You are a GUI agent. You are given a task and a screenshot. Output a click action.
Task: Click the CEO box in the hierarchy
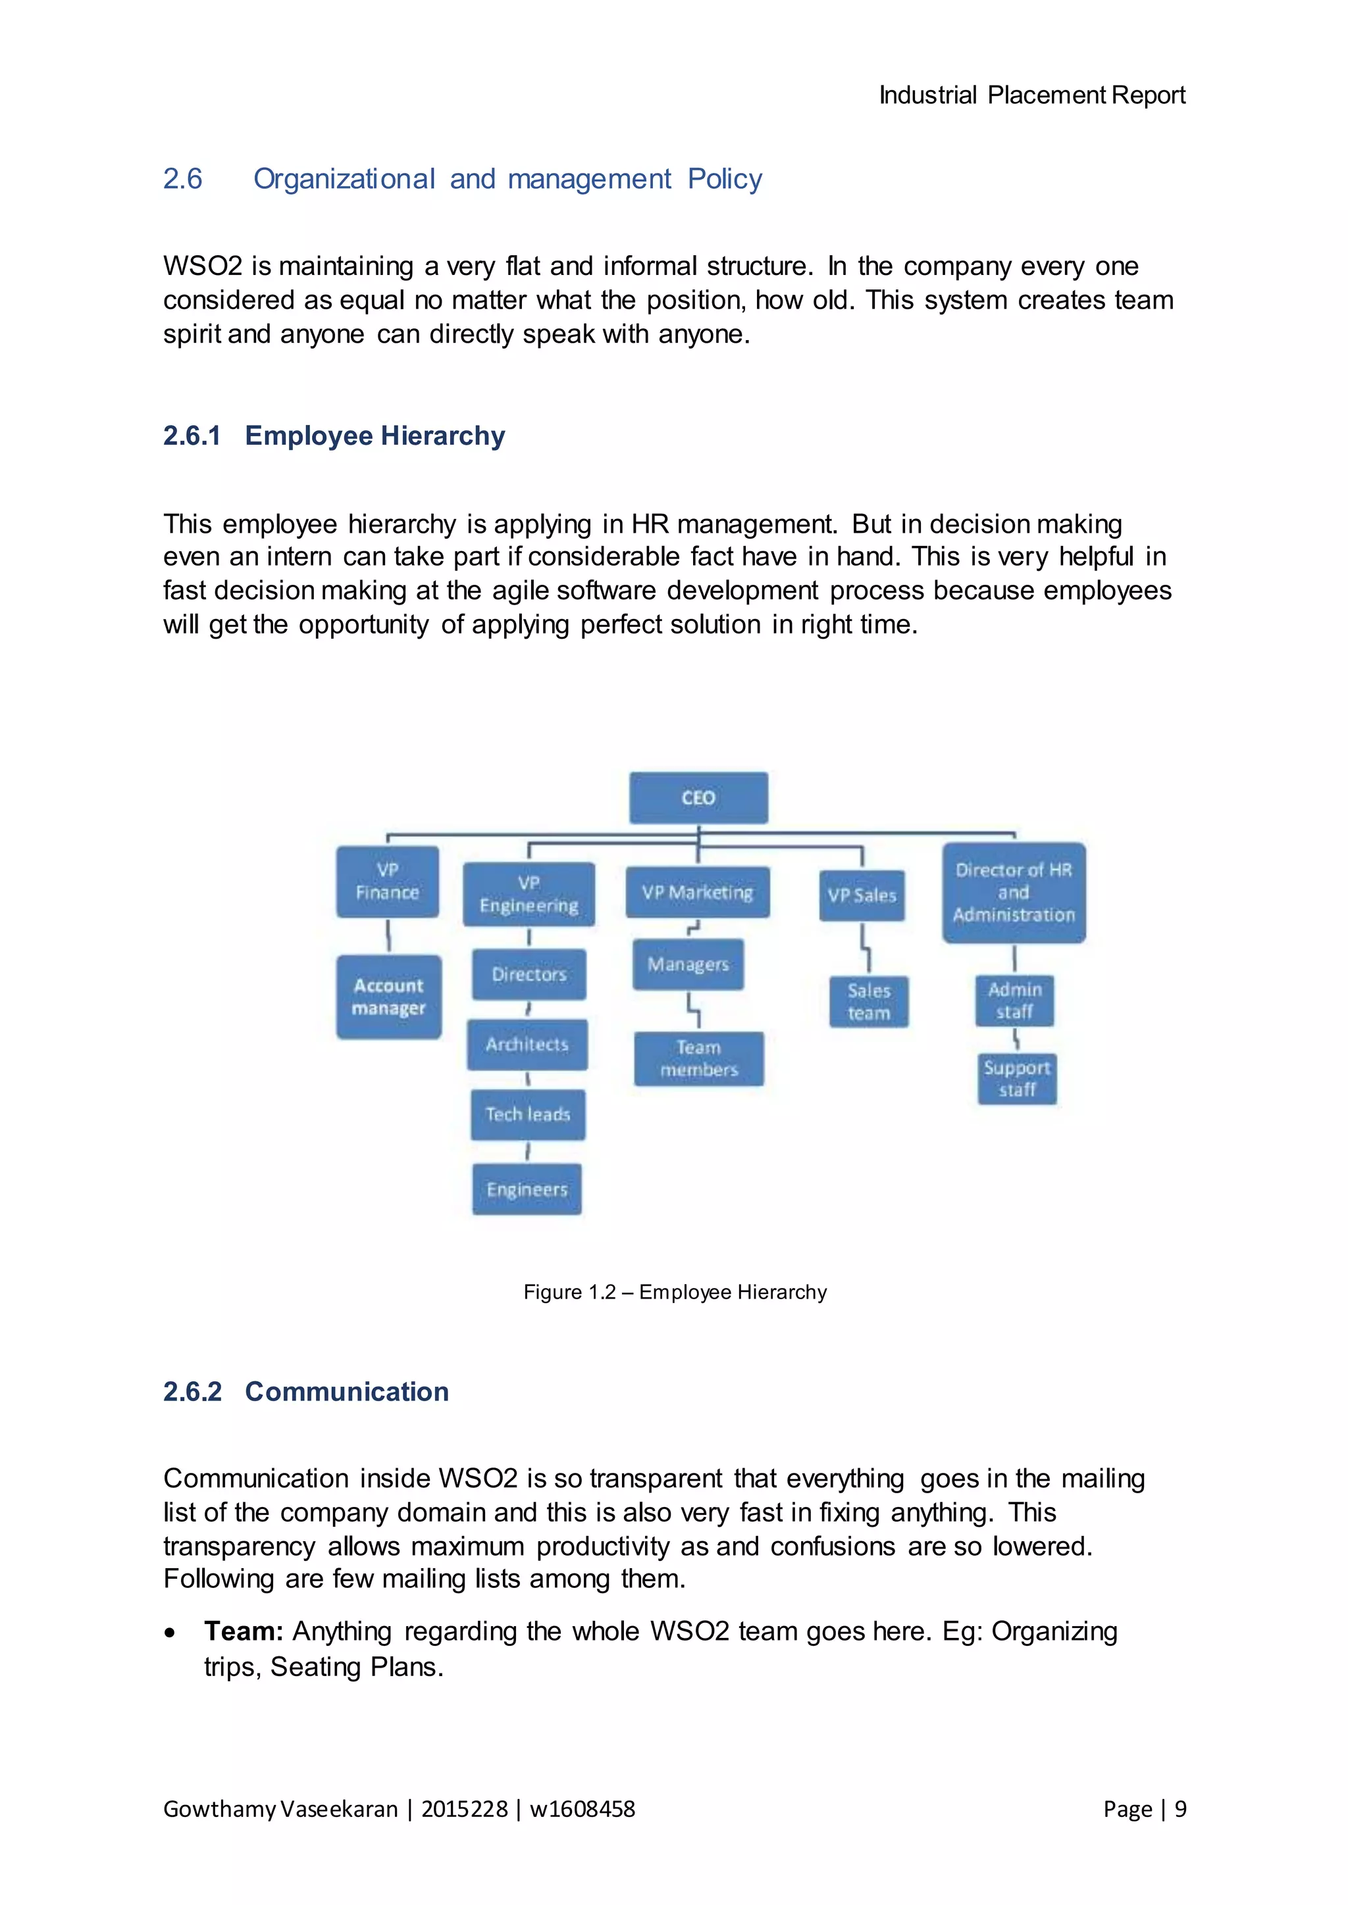coord(698,797)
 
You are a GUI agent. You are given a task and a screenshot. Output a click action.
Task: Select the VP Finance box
coord(387,881)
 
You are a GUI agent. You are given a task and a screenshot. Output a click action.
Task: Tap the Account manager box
coord(388,997)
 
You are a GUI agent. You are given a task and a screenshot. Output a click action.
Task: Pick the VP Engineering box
coord(529,893)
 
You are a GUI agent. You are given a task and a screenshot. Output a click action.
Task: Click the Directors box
coord(529,974)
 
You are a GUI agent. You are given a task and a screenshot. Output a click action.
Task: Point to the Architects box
coord(527,1044)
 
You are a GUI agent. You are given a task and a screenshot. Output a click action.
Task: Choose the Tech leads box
coord(527,1114)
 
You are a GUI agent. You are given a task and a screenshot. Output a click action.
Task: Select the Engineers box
coord(527,1189)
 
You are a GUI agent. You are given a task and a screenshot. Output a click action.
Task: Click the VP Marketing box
coord(697,892)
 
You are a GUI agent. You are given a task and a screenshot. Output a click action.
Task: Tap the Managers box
coord(688,964)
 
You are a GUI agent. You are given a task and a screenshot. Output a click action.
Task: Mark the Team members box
coord(699,1058)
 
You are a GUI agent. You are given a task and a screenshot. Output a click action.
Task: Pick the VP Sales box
coord(862,895)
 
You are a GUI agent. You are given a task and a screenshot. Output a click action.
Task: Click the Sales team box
coord(869,1001)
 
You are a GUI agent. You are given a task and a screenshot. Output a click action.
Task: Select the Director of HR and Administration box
coord(1014,893)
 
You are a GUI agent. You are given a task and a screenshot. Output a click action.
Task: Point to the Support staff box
coord(1017,1079)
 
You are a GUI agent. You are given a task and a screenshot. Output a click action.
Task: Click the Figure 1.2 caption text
coord(675,1292)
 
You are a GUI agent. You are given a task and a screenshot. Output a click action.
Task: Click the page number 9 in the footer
coord(1180,1809)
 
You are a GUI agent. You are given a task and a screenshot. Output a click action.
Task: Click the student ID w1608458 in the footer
coord(582,1809)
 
